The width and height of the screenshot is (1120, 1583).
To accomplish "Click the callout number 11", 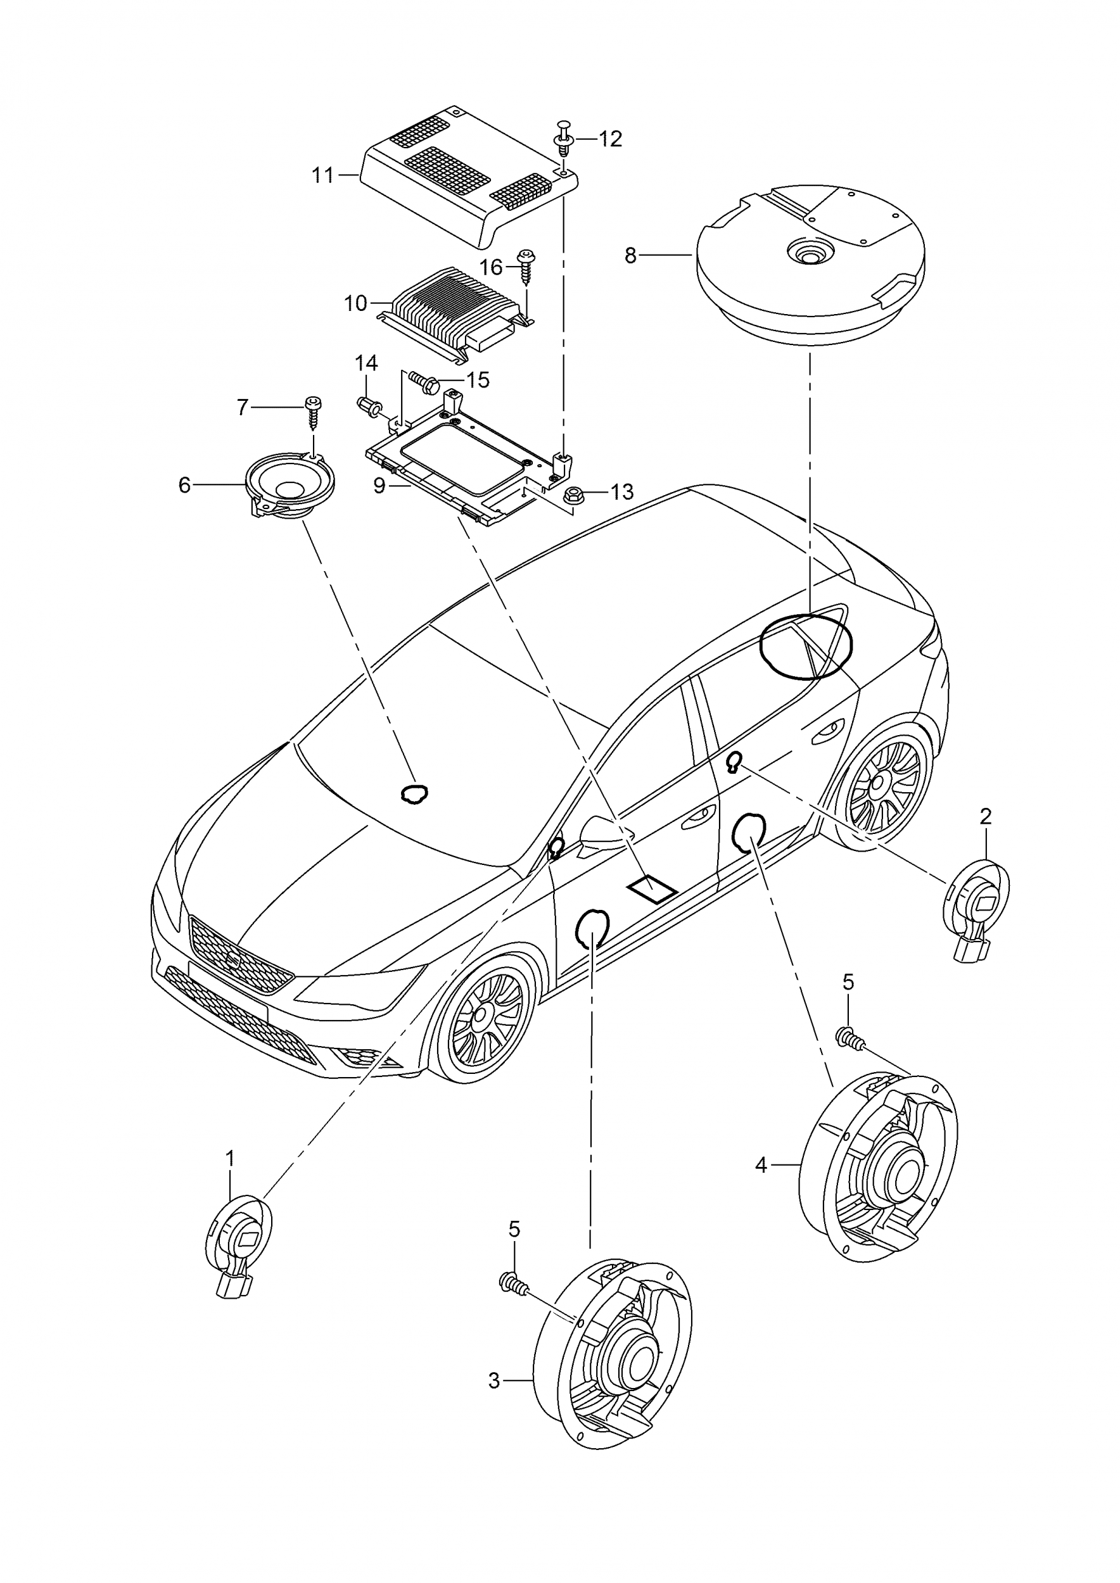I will click(x=322, y=176).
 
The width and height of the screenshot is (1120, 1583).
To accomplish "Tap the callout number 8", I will click(x=630, y=256).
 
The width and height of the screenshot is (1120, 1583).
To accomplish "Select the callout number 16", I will click(x=492, y=267).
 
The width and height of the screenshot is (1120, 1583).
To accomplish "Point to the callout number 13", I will click(x=622, y=492).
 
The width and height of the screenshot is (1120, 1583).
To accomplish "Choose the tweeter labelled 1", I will click(x=238, y=1248).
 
